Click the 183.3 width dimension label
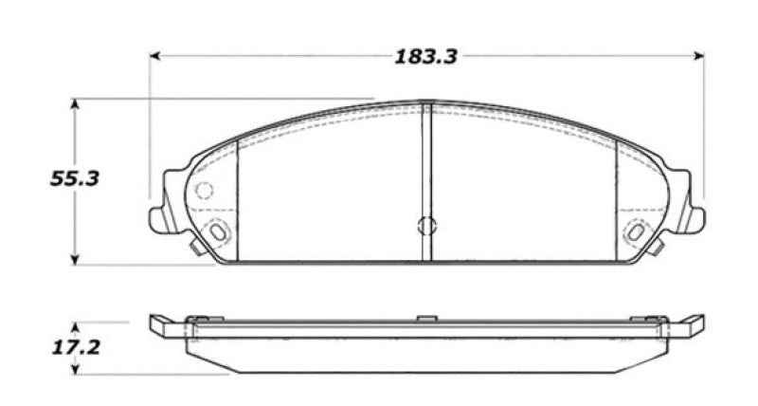[x=425, y=57]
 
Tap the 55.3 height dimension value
[x=75, y=179]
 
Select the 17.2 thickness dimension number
[x=76, y=347]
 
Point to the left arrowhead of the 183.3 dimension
[x=154, y=56]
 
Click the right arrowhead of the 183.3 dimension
[x=698, y=56]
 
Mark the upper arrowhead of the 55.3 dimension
[x=75, y=104]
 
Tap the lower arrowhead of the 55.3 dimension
[x=75, y=259]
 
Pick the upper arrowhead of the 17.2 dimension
[x=75, y=327]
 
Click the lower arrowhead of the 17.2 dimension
[x=75, y=369]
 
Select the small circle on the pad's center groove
[x=426, y=225]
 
